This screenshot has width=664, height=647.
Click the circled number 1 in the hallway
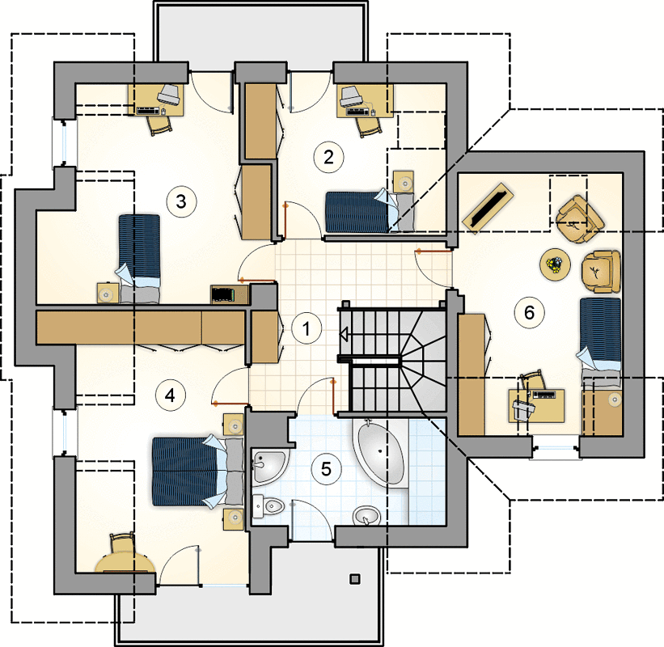point(307,328)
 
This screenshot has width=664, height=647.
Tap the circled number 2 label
point(328,157)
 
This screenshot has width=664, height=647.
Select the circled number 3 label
point(181,201)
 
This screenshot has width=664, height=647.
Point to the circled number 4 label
point(170,395)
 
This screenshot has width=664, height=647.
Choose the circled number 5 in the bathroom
point(326,469)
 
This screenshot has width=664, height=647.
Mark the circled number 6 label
point(529,313)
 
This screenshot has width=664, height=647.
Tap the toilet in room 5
point(268,506)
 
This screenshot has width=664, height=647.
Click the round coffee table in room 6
point(555,264)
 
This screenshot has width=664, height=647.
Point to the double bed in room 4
point(198,472)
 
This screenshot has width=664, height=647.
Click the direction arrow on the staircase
point(344,335)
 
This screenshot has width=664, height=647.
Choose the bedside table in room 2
point(403,182)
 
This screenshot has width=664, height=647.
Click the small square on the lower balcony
point(355,578)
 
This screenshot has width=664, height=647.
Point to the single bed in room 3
point(139,259)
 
